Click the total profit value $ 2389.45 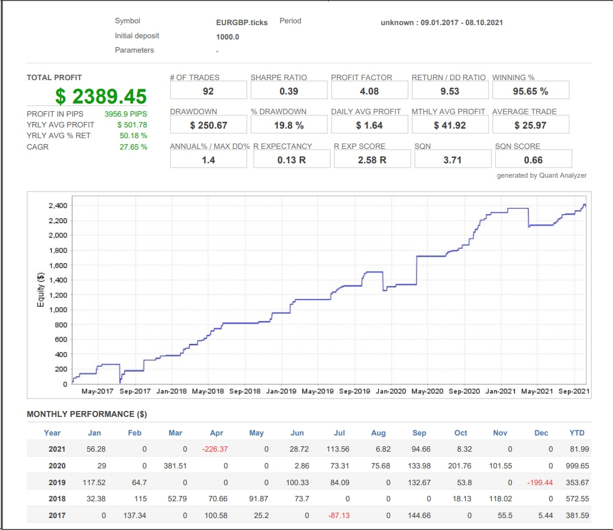click(x=101, y=96)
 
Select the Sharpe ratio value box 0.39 click(x=289, y=91)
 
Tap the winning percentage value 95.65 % click(x=530, y=91)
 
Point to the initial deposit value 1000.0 click(x=227, y=37)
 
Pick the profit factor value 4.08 click(x=369, y=91)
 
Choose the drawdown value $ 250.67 click(x=208, y=126)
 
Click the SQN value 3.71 click(x=453, y=160)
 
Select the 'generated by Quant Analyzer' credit click(x=542, y=175)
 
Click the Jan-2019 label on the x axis click(x=281, y=391)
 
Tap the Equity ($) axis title click(x=41, y=289)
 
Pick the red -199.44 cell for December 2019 click(x=540, y=483)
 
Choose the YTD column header click(x=576, y=433)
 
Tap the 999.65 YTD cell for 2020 click(x=577, y=466)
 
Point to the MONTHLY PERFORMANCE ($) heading click(x=87, y=414)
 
